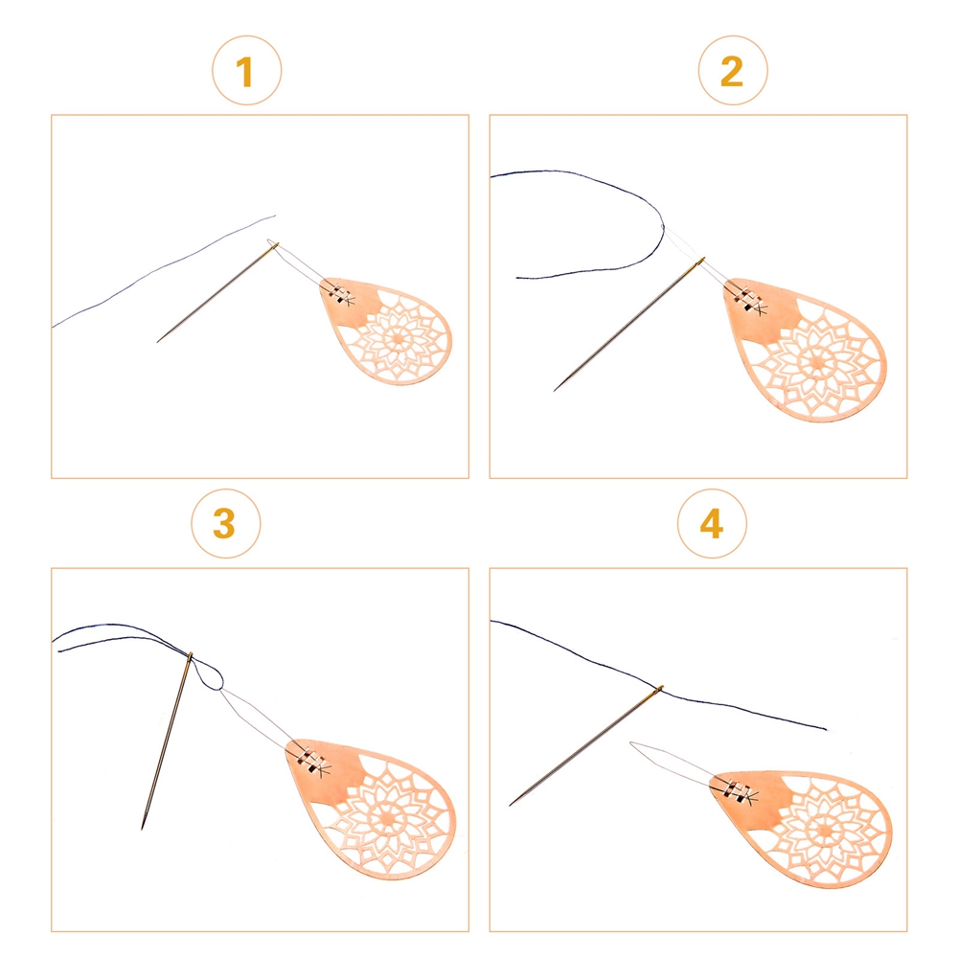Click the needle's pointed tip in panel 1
coord(158,342)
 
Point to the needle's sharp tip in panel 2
coord(554,390)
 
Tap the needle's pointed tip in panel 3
coord(143,829)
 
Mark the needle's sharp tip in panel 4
coord(511,805)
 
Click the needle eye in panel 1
coord(273,246)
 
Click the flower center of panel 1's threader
coord(398,336)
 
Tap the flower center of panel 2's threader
coord(816,361)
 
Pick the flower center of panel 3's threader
coord(387,814)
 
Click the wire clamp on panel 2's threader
coord(746,301)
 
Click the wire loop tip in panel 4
coord(632,743)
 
